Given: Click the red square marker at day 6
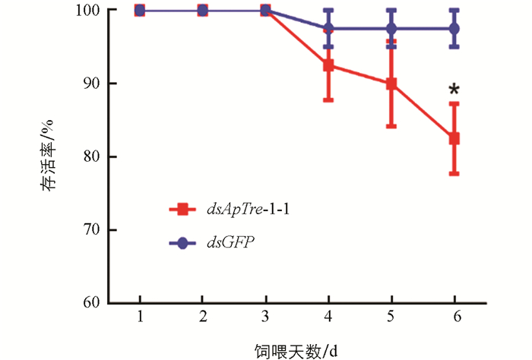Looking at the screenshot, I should (454, 139).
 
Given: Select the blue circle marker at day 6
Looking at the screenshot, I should (454, 29).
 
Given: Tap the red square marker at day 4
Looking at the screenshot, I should (329, 65).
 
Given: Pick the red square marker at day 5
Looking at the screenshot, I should (391, 84).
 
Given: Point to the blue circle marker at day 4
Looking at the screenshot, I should (329, 29).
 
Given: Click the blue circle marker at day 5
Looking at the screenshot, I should (391, 29).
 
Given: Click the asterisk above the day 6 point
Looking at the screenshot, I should (454, 92).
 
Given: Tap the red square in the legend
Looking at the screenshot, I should (182, 208).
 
